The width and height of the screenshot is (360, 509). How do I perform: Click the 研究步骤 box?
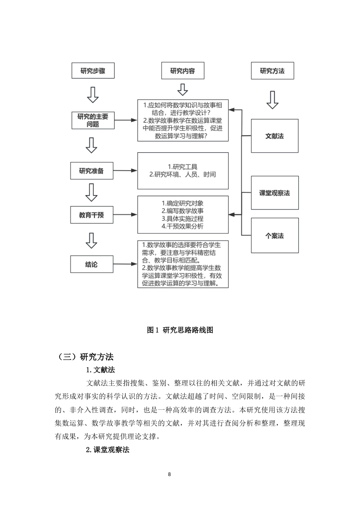pyautogui.click(x=93, y=71)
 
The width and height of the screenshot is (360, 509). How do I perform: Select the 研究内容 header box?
pyautogui.click(x=182, y=71)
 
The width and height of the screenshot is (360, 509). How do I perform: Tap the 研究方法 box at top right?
pyautogui.click(x=272, y=71)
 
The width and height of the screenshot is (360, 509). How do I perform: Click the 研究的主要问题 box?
pyautogui.click(x=93, y=120)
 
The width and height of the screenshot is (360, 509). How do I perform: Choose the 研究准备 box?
pyautogui.click(x=91, y=171)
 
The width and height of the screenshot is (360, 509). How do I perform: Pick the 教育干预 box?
pyautogui.click(x=91, y=215)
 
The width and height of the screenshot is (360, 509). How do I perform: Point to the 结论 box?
pyautogui.click(x=91, y=264)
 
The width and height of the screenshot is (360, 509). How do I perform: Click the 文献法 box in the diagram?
pyautogui.click(x=274, y=136)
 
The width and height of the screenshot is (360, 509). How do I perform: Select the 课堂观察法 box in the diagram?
pyautogui.click(x=274, y=193)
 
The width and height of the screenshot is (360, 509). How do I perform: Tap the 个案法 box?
pyautogui.click(x=274, y=236)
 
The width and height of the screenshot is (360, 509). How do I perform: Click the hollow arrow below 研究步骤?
pyautogui.click(x=93, y=95)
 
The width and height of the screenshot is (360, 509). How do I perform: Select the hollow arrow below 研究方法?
pyautogui.click(x=272, y=100)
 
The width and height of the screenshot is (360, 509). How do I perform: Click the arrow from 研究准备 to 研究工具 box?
pyautogui.click(x=125, y=171)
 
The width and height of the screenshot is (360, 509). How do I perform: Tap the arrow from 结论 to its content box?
pyautogui.click(x=125, y=264)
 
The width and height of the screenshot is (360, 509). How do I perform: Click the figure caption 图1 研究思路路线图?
pyautogui.click(x=180, y=330)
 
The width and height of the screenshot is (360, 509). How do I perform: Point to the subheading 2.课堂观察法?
pyautogui.click(x=108, y=450)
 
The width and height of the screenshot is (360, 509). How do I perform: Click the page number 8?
pyautogui.click(x=169, y=475)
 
